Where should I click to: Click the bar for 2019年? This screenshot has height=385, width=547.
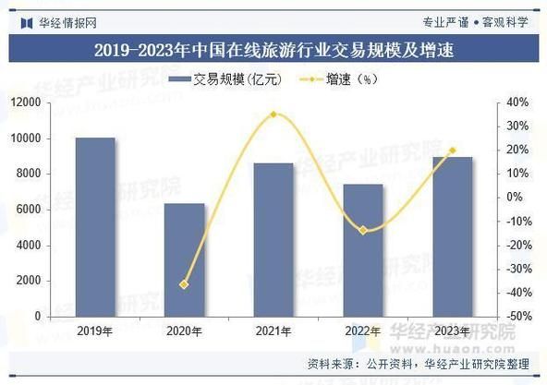[96, 227]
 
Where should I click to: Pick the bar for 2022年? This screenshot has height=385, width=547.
[362, 250]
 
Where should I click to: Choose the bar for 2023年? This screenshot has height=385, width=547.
[451, 236]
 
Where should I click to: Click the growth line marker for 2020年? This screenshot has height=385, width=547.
[184, 284]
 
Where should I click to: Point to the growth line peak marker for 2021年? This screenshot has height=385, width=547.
[273, 114]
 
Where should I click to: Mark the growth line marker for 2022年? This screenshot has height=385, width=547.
[362, 230]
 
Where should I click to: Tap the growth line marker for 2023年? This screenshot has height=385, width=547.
[451, 150]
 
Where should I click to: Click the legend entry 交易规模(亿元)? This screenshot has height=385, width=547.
[232, 78]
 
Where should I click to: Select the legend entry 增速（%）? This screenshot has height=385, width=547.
[342, 78]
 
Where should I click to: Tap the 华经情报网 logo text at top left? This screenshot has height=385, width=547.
[63, 19]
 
